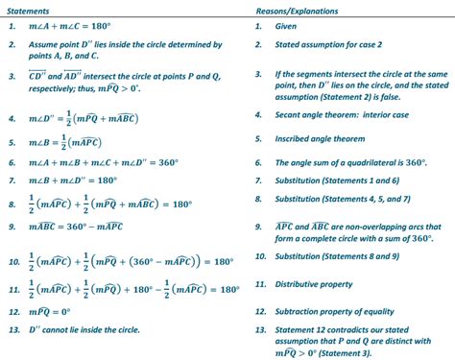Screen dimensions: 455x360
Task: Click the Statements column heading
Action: [29, 9]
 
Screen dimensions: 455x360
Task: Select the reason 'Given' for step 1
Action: [293, 27]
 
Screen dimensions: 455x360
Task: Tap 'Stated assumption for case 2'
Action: [331, 45]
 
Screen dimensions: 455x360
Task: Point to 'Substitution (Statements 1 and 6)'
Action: [341, 180]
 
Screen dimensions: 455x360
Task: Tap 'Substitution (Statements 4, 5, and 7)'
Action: [349, 199]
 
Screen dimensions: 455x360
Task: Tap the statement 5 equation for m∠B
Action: [77, 143]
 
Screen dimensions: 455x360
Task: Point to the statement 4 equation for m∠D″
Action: [97, 119]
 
